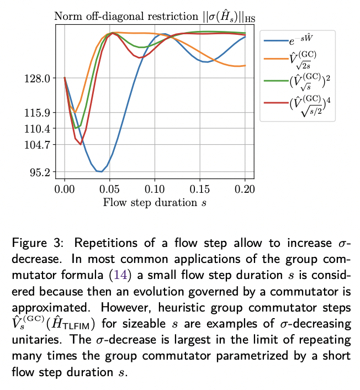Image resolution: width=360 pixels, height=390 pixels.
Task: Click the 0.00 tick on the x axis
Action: point(65,189)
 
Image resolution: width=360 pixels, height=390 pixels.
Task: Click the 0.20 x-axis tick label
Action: point(245,189)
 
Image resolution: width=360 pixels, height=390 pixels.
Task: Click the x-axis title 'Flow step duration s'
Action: point(155,202)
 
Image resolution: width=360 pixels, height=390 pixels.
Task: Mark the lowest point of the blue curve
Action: point(100,172)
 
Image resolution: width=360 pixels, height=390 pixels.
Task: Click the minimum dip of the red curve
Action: point(81,144)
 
